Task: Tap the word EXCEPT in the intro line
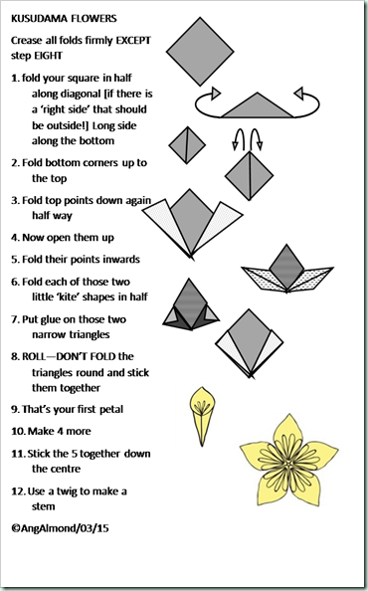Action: pyautogui.click(x=133, y=41)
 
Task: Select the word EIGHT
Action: pyautogui.click(x=48, y=56)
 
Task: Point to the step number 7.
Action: pyautogui.click(x=15, y=319)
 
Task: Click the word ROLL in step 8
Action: pyautogui.click(x=34, y=356)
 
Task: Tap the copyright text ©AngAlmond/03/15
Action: pyautogui.click(x=60, y=528)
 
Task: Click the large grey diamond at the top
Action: pyautogui.click(x=200, y=52)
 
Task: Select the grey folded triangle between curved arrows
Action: pyautogui.click(x=258, y=106)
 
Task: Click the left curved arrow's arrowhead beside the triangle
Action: pyautogui.click(x=216, y=94)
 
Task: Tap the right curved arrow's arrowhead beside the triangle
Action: pyautogui.click(x=298, y=94)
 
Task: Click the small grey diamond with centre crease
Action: pyautogui.click(x=187, y=145)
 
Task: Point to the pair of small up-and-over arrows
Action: pyautogui.click(x=247, y=139)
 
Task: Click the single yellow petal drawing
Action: pyautogui.click(x=202, y=416)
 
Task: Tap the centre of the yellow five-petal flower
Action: pyautogui.click(x=288, y=464)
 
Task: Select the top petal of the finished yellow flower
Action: pyautogui.click(x=288, y=433)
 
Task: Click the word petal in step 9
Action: pyautogui.click(x=111, y=410)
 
